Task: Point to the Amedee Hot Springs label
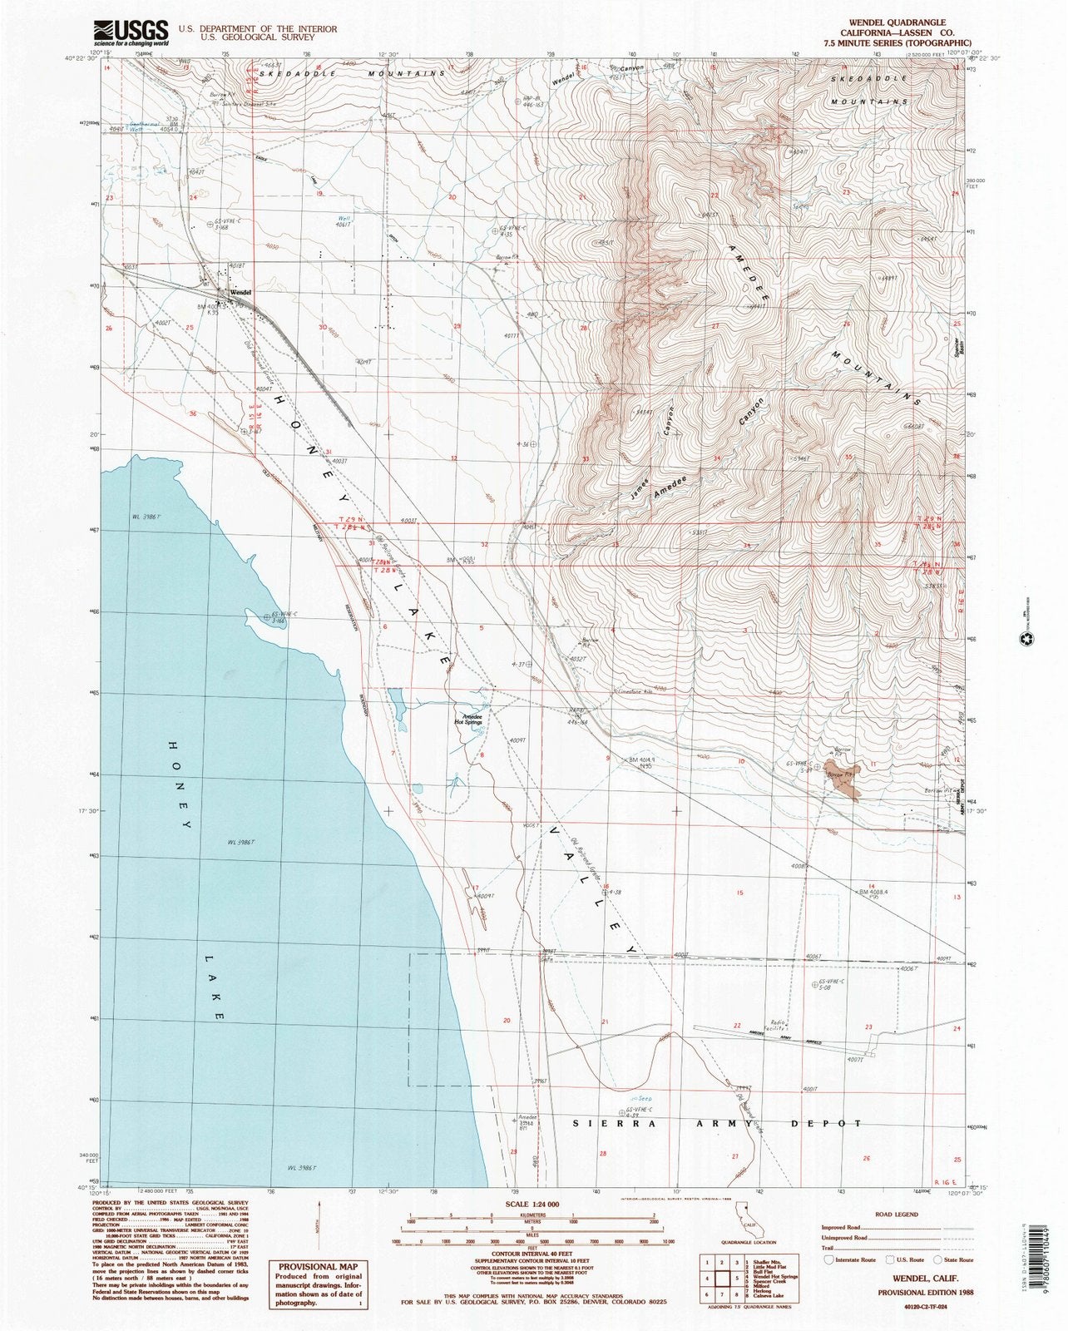(x=467, y=719)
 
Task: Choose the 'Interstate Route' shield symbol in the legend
(x=829, y=1260)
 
